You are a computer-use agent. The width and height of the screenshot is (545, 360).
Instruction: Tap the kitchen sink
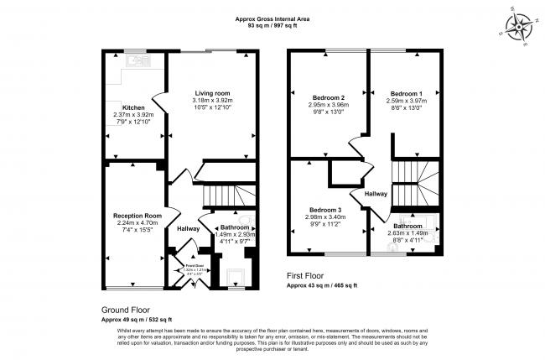pos(133,60)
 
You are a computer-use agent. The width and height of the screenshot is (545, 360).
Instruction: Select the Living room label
pos(213,92)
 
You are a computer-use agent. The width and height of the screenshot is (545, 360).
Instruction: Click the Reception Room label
pos(132,215)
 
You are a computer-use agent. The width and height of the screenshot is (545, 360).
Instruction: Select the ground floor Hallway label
pos(188,228)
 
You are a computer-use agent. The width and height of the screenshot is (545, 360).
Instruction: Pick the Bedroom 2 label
pos(323,98)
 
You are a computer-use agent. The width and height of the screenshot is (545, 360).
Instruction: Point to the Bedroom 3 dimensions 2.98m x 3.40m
pos(323,217)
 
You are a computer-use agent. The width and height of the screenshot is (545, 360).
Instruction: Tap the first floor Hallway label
pos(375,194)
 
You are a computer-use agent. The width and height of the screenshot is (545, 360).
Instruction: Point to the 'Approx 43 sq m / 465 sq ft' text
pos(323,285)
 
